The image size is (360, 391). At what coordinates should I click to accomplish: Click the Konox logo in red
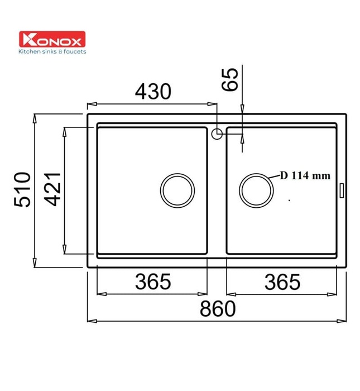pos(52,40)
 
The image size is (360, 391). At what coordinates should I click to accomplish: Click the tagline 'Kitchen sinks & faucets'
pos(52,51)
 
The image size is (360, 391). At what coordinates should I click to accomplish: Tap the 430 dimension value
pos(152,91)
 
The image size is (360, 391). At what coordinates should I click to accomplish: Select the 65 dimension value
pos(230,79)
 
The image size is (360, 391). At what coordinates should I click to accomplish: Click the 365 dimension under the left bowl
pos(152,283)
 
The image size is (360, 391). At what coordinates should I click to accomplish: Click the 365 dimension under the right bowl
pos(282,283)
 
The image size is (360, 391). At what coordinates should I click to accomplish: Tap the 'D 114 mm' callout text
pos(305,175)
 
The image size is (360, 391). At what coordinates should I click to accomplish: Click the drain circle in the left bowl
pos(177,189)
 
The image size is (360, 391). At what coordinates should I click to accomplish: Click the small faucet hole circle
pos(217,133)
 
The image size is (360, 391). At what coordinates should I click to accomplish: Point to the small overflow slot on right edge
pos(342,189)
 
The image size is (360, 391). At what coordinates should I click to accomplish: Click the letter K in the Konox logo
pos(27,40)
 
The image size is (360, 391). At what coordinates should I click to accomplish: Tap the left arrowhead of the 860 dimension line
pos(90,321)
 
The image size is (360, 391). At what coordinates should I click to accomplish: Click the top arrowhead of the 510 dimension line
pos(36,117)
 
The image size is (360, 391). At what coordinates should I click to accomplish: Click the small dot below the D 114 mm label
pos(290,199)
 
